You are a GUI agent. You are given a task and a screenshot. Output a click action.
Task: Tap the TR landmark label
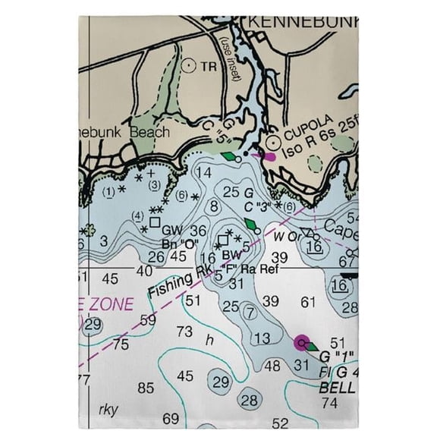coord(209,67)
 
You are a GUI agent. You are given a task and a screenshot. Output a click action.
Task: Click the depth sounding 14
coord(203,173)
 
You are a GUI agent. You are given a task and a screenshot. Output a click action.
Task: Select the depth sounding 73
coord(184,331)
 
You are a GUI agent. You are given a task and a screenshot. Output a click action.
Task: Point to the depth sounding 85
coord(146,388)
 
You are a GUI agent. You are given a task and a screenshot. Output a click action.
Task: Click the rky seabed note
coord(108,408)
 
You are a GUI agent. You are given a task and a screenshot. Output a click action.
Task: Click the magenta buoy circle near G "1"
coord(303,342)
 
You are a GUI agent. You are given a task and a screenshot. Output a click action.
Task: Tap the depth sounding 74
coord(329,403)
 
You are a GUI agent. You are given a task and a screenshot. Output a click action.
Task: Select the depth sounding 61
coord(307,302)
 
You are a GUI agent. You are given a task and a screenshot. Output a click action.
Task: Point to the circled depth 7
coord(250,311)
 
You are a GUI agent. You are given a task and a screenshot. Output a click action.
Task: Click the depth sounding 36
coord(199,231)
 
